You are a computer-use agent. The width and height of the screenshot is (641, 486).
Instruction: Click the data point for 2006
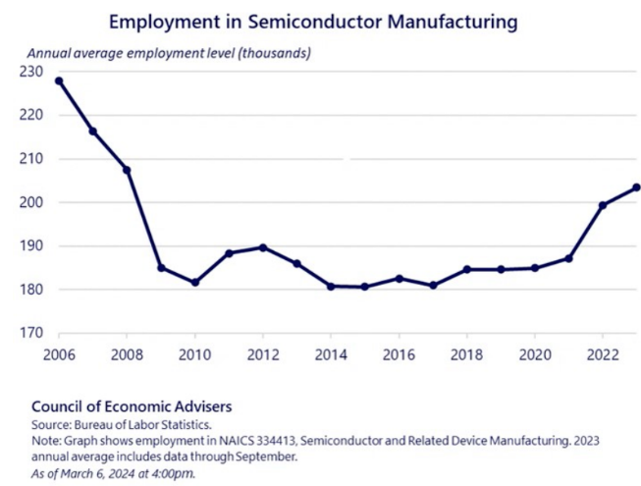pos(59,81)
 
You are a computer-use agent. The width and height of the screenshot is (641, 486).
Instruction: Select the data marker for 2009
pos(161,268)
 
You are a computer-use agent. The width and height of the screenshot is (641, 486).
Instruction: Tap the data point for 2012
pos(263,247)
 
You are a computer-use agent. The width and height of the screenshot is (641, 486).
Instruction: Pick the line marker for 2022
pos(602,205)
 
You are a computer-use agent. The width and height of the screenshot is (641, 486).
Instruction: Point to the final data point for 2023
pos(636,188)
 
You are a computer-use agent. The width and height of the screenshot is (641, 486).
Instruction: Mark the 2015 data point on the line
pos(365,287)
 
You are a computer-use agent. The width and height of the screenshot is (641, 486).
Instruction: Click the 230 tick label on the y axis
pos(29,72)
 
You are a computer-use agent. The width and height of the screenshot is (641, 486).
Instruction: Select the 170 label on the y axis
pos(29,334)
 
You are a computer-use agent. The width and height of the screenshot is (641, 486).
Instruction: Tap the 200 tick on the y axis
pos(29,202)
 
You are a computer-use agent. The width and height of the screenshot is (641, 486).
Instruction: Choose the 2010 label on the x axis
pos(195,354)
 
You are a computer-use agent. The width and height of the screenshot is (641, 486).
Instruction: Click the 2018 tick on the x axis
pos(466,354)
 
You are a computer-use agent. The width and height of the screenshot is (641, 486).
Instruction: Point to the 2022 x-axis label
pos(602,354)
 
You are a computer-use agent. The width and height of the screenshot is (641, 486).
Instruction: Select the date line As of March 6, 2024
pos(114,471)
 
